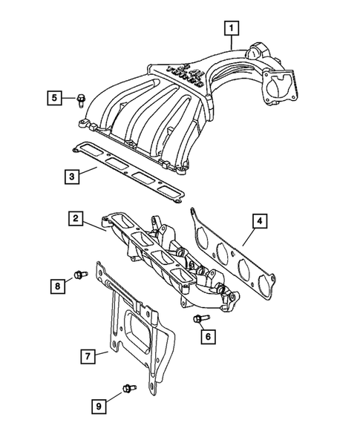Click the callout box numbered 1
point(232,29)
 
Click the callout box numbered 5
point(54,96)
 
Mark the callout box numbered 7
point(88,357)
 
